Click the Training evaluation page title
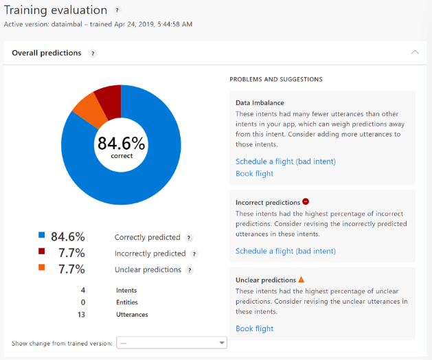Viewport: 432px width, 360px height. [x=56, y=10]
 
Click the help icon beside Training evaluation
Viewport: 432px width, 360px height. [x=117, y=11]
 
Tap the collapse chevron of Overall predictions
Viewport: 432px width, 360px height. [x=414, y=52]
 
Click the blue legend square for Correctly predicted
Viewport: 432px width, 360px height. [x=42, y=235]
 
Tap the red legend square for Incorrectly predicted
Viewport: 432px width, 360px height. [x=42, y=251]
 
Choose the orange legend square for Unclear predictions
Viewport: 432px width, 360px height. [x=42, y=267]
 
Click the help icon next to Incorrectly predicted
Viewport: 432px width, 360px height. [x=194, y=254]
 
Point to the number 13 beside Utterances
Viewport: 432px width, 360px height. [x=82, y=315]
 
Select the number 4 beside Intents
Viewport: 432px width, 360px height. [x=82, y=291]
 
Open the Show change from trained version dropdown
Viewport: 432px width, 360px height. [x=172, y=343]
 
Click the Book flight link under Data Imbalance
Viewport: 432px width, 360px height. [x=254, y=174]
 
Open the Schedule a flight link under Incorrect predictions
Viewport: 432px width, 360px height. [x=285, y=251]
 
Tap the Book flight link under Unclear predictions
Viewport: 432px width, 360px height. [x=254, y=329]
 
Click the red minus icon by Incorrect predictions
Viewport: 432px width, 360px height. [x=306, y=202]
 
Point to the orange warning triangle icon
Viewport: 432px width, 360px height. [x=301, y=280]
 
